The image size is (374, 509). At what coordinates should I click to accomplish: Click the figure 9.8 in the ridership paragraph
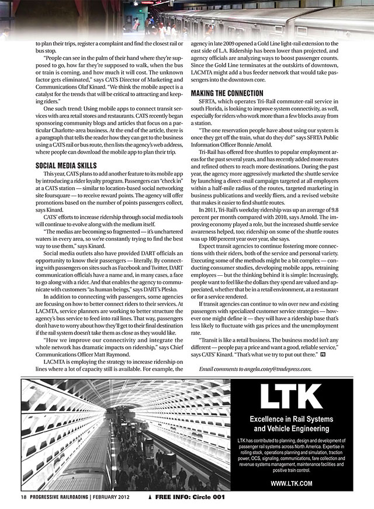(349, 209)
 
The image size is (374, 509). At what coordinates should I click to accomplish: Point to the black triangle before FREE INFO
(151, 497)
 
